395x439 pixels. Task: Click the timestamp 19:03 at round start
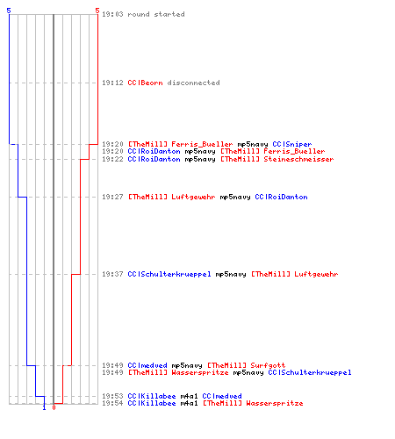pos(112,14)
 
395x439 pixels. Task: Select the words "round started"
pos(156,14)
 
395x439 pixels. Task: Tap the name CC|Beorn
pos(145,83)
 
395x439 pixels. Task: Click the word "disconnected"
pos(193,83)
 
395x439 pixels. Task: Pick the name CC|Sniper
pos(292,144)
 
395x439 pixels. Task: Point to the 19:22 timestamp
pos(112,159)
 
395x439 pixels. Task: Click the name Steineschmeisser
pos(298,159)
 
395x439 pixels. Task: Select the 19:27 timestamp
pos(112,197)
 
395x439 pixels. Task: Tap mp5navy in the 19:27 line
pos(235,197)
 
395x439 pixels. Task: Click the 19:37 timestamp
pos(112,274)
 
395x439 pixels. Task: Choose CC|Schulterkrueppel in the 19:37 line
pos(169,274)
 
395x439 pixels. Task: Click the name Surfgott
pos(268,365)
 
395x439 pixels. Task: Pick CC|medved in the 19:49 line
pos(147,365)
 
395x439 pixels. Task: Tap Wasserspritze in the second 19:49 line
pos(200,372)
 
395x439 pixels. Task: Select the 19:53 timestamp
pos(112,396)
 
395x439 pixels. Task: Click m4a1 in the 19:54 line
pos(189,403)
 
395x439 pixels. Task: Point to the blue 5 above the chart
pos(9,11)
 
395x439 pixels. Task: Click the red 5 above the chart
pos(97,11)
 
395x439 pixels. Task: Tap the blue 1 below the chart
pos(44,407)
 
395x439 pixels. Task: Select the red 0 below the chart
pos(54,407)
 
